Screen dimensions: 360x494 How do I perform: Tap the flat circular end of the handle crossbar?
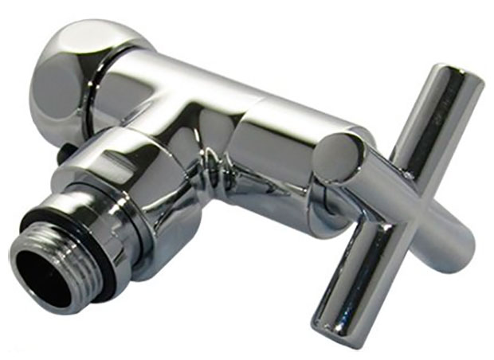[339, 157]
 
